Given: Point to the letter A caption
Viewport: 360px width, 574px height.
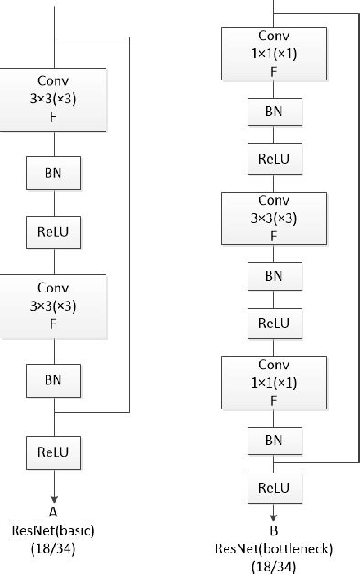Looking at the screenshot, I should point(54,513).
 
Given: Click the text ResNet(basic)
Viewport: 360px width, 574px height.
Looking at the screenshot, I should point(54,531).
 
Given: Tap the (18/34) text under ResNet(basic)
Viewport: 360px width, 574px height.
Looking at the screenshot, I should point(54,549).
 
